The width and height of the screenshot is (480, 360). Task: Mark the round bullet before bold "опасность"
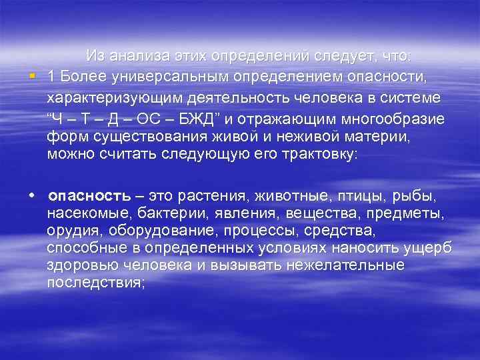click(x=31, y=197)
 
